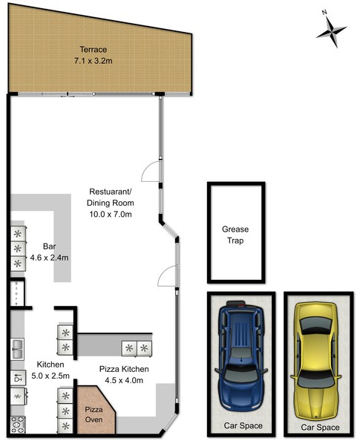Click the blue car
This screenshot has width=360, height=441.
click(241, 356)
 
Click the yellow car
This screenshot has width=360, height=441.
click(316, 361)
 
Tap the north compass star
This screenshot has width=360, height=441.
click(332, 31)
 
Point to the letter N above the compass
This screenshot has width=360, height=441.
click(324, 12)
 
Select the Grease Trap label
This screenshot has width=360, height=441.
click(235, 235)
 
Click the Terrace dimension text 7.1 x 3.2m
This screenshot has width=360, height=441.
click(93, 60)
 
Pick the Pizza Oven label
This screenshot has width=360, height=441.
click(94, 414)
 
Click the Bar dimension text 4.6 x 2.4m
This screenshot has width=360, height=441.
click(49, 258)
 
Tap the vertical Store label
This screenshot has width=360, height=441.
click(16, 293)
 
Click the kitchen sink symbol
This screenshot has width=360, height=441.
click(17, 349)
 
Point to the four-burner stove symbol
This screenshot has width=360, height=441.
click(18, 425)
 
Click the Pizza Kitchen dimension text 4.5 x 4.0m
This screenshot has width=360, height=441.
click(124, 380)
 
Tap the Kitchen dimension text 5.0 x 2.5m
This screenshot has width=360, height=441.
click(50, 376)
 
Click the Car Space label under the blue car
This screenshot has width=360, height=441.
click(243, 425)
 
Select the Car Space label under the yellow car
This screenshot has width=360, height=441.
click(320, 428)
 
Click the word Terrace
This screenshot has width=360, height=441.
click(93, 50)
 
